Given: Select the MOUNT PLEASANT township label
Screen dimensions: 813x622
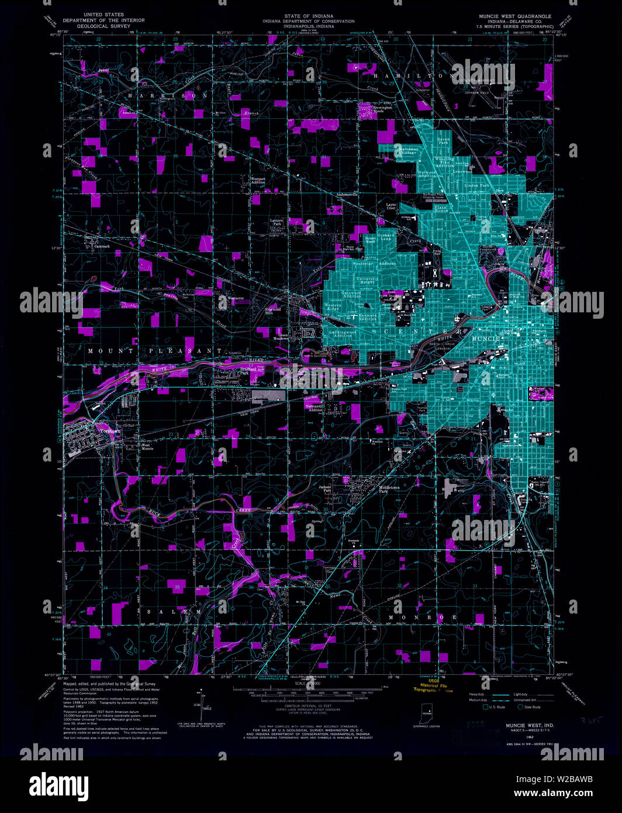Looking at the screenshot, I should [155, 350].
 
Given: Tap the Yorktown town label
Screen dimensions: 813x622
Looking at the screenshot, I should [109, 431].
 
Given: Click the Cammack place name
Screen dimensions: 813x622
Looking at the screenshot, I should [102, 246].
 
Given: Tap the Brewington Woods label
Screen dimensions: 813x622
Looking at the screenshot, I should [383, 109].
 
